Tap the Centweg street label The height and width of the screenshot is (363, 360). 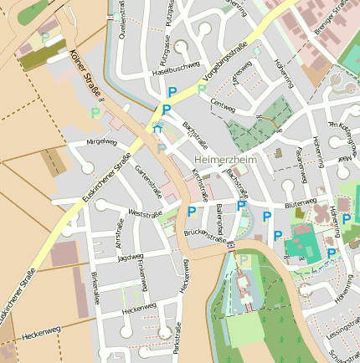point(224,105)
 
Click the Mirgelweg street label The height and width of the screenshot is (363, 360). point(101,142)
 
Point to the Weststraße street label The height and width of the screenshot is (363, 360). point(145,214)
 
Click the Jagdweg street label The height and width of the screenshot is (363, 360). point(131,258)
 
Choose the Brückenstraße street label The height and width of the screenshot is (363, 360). point(206,235)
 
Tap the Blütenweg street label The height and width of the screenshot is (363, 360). point(301,203)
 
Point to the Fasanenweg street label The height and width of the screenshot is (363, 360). point(300,157)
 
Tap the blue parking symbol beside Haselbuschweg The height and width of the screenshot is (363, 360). point(172,92)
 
